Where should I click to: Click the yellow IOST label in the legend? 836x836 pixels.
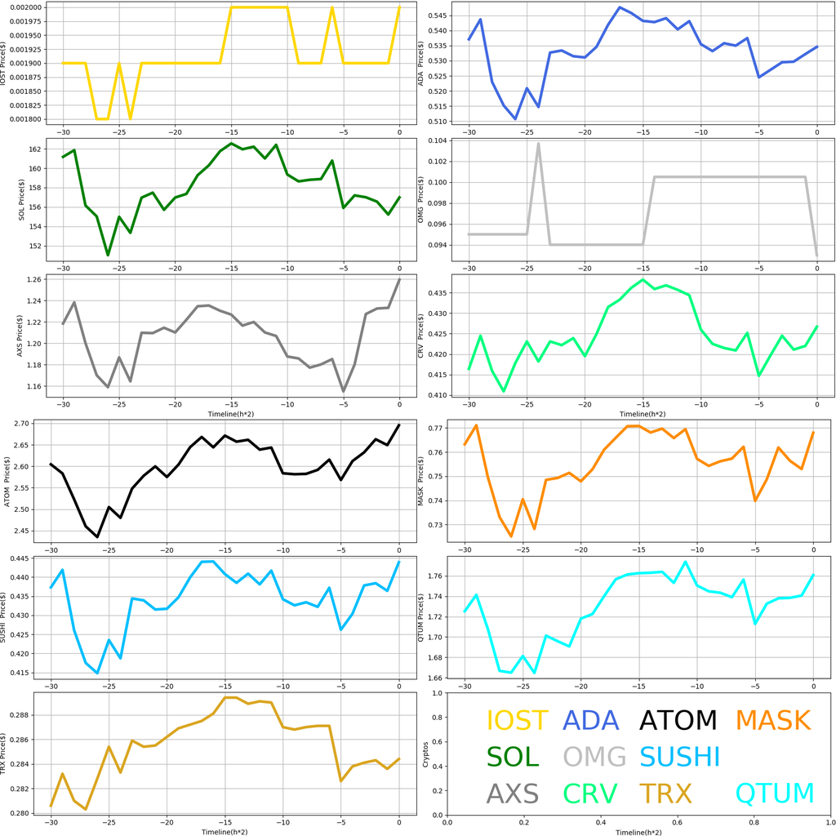coord(517,720)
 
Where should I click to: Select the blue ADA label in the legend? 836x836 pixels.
coord(596,720)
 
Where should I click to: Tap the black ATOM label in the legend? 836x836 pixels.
coord(678,720)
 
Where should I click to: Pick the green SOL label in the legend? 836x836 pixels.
coord(513,757)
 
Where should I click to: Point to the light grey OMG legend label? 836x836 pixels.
coord(594,757)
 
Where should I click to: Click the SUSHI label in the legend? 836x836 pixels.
coord(680,757)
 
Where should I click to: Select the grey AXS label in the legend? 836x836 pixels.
coord(513,793)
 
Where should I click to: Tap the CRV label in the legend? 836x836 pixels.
coord(590,793)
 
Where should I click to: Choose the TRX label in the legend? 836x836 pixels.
coord(665,793)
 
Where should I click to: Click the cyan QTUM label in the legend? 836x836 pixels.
coord(775,793)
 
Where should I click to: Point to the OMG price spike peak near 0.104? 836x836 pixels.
coord(538,144)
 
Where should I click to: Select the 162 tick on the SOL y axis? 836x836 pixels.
coord(39,149)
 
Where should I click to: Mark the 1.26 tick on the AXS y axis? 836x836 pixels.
coord(39,280)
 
